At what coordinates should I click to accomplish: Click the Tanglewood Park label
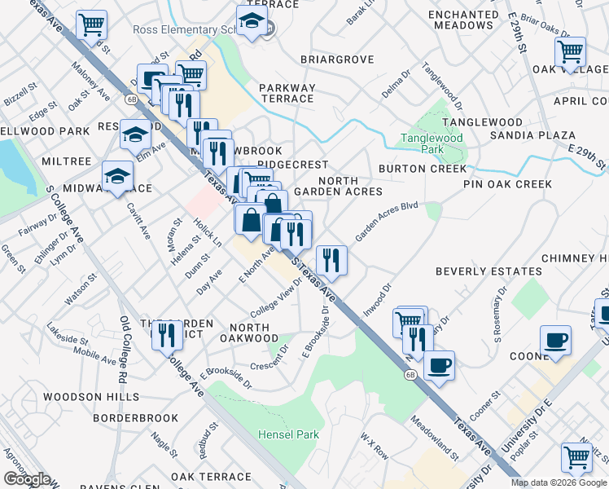(432, 143)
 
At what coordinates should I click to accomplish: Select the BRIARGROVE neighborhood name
(337, 59)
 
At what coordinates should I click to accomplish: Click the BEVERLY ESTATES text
(489, 271)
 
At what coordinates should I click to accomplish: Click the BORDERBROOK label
(135, 418)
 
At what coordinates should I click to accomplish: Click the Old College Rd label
(123, 350)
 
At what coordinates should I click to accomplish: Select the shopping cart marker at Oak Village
(570, 52)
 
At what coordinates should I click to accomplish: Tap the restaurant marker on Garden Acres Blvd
(331, 260)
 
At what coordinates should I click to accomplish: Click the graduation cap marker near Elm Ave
(135, 134)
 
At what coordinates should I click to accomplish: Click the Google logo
(27, 479)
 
